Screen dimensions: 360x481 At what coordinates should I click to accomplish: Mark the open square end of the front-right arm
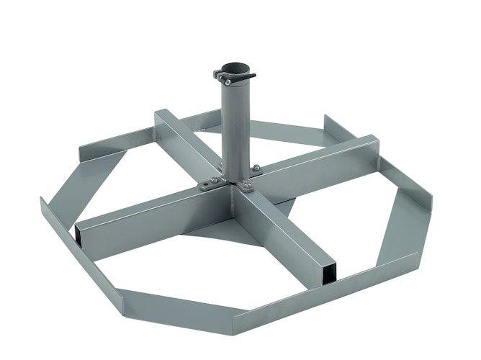[x=328, y=272]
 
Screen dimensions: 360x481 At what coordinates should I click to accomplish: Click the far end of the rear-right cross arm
[x=367, y=144]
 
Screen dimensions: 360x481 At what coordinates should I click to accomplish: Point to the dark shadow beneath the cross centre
[x=216, y=227]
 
